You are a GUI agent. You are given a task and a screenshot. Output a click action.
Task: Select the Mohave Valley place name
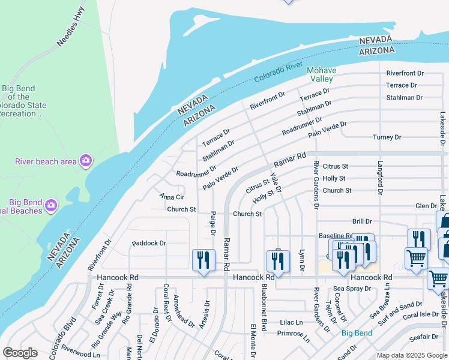coord(321,74)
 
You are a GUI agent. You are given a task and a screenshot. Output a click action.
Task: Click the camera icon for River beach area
coord(86,160)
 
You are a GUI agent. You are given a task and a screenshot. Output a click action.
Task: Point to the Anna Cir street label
coord(171,197)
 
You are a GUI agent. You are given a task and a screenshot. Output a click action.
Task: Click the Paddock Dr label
coord(149,244)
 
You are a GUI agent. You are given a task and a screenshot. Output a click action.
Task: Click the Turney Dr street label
coord(387,137)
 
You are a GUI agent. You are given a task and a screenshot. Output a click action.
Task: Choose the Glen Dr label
coord(426,206)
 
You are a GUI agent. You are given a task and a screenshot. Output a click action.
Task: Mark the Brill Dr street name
coord(363,221)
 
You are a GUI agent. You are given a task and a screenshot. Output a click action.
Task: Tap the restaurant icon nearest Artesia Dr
coord(203,260)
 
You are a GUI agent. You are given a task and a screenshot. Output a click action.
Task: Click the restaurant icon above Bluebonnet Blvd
coord(278,261)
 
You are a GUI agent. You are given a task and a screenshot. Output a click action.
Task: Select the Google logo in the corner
coord(20,353)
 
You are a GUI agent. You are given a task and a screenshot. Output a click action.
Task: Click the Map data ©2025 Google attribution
coord(412,356)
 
